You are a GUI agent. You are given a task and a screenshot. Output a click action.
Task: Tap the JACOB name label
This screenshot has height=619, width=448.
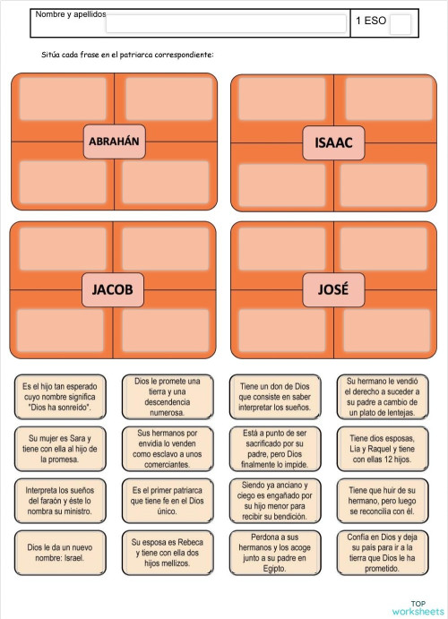pos(113,289)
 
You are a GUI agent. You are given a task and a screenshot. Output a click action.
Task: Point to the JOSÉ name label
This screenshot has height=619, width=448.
pos(333,289)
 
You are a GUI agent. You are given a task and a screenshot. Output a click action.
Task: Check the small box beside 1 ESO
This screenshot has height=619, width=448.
pos(401,24)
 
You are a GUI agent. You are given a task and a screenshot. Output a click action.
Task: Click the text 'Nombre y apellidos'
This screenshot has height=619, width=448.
pos(70,15)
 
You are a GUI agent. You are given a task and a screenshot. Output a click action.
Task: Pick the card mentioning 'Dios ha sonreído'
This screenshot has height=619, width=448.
pos(60,397)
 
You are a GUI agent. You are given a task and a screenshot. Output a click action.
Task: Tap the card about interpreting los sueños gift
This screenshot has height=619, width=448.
pos(275,397)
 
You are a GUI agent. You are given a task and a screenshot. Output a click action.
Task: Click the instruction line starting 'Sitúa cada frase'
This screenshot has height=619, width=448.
pos(127,56)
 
